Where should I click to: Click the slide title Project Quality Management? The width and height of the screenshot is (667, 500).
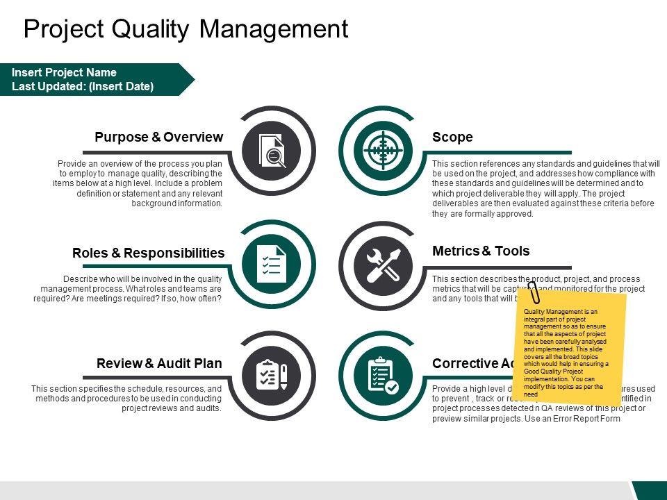186,29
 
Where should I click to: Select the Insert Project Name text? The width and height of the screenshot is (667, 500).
64,73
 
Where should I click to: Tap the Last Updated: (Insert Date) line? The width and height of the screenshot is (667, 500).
82,87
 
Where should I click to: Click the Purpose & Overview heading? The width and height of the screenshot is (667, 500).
158,137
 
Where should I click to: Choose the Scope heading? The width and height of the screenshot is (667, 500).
452,137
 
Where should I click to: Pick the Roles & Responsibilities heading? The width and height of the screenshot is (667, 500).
148,253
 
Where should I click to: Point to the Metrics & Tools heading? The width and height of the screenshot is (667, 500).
481,251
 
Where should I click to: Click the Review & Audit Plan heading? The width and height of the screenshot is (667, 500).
159,363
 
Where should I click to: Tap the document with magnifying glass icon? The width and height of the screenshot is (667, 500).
272,149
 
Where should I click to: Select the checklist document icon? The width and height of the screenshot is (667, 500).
272,263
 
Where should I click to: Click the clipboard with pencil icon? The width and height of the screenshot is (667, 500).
272,375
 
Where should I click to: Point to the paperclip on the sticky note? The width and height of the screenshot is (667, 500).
534,292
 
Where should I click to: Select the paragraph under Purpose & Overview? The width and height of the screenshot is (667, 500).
138,184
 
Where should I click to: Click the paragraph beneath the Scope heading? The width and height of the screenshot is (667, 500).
545,188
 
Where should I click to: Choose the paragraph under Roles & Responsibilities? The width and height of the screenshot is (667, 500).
128,289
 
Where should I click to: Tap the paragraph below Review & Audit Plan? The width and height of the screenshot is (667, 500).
127,399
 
